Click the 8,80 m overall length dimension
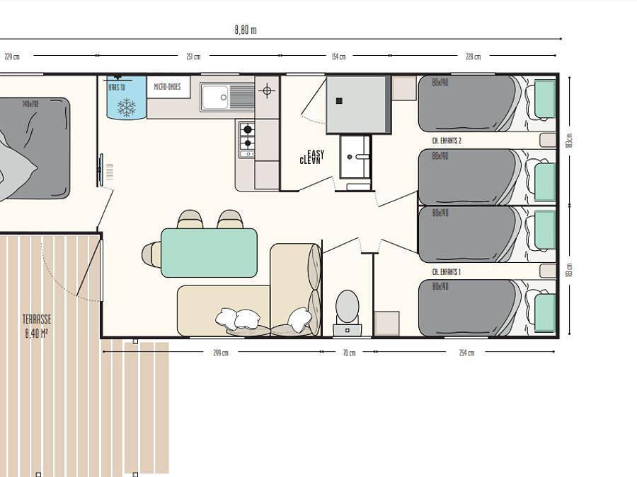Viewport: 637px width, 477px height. pos(245,30)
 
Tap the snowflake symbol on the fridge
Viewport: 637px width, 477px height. pos(127,107)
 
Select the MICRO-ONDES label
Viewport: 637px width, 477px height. pos(168,87)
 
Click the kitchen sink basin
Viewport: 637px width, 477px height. pos(214,98)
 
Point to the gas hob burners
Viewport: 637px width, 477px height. pos(247,138)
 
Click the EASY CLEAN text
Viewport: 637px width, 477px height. pos(312,157)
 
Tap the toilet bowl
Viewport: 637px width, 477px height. pos(347,305)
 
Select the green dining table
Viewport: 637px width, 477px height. pos(209,252)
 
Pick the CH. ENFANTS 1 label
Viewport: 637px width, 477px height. pos(447,271)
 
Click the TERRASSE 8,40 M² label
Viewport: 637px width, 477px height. pos(36,326)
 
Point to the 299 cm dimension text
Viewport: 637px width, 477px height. pos(221,353)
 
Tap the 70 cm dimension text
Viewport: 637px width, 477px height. pos(349,353)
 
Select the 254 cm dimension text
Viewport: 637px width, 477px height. pos(466,353)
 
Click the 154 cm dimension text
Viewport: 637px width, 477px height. pos(338,57)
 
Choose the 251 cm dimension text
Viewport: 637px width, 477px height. pos(193,57)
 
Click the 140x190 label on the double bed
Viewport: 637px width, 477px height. pos(30,105)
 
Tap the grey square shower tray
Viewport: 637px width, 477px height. pos(357,105)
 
